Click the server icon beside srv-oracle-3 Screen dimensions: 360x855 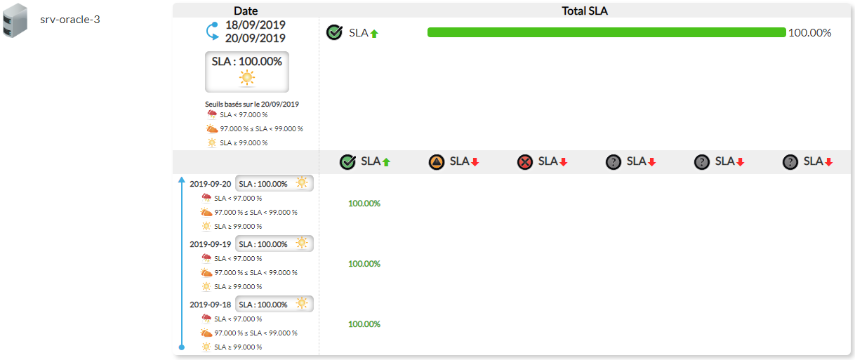[x=15, y=20]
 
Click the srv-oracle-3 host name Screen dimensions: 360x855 [x=70, y=19]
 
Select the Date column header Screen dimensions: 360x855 [x=246, y=11]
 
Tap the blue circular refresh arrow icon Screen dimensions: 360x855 [x=212, y=32]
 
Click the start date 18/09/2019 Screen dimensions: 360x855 [x=256, y=25]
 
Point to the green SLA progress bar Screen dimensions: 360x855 [x=607, y=32]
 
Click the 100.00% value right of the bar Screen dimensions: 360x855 [x=809, y=32]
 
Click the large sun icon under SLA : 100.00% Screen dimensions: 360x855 [x=247, y=78]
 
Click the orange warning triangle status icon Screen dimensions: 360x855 [x=437, y=162]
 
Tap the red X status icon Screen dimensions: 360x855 [x=525, y=162]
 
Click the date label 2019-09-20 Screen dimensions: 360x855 [x=210, y=184]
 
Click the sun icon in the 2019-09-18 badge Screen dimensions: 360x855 [x=302, y=303]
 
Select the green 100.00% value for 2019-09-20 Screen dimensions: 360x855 [x=364, y=204]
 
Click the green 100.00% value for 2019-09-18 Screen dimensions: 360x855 [x=364, y=324]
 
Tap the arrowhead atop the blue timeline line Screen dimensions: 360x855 [x=182, y=180]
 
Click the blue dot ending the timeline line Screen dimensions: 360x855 [x=182, y=347]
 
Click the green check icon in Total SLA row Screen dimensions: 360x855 [x=335, y=32]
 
